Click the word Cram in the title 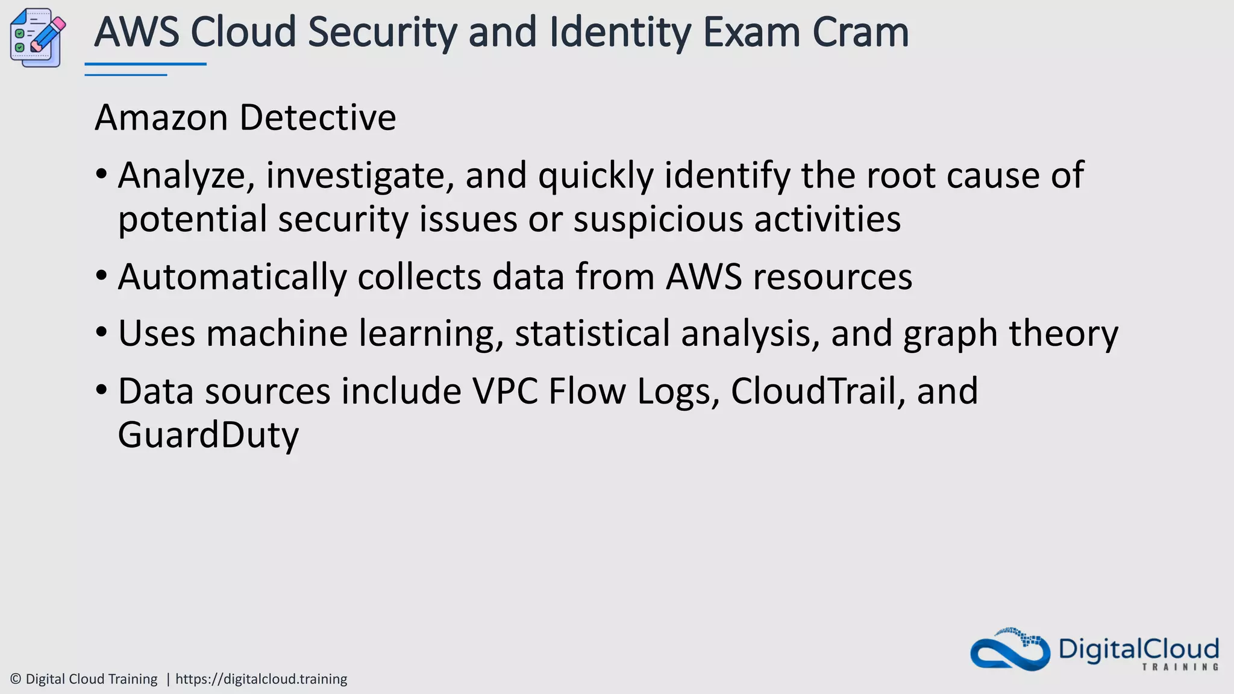click(x=860, y=33)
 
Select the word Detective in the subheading click(x=318, y=117)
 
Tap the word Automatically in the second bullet click(x=233, y=277)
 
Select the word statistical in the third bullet click(x=592, y=333)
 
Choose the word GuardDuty click(x=208, y=435)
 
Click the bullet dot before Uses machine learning click(x=101, y=333)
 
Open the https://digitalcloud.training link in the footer click(x=261, y=679)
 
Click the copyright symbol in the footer click(x=16, y=679)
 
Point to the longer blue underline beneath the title click(x=145, y=64)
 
